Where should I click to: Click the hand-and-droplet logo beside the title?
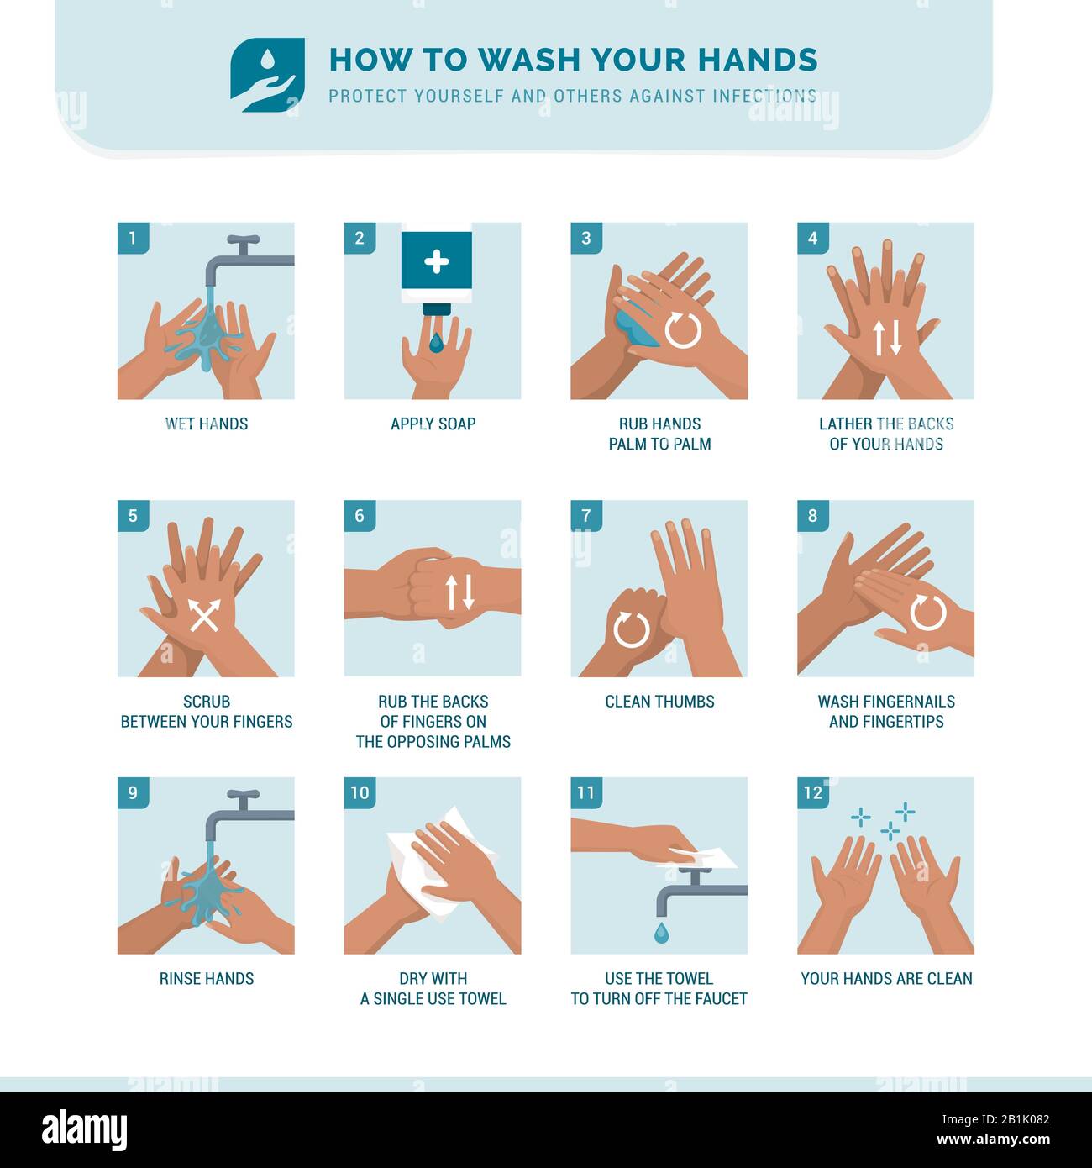pos(268,75)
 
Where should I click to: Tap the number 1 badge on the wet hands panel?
pos(133,238)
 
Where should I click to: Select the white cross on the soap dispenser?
pos(436,261)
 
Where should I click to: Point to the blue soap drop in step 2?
pos(436,343)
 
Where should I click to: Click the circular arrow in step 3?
pos(683,330)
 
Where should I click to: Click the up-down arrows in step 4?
pos(887,338)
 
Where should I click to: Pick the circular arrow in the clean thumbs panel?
pos(631,629)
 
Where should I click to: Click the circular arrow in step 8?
pos(928,613)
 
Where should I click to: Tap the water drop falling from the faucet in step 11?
pos(662,933)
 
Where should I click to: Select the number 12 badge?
pos(812,792)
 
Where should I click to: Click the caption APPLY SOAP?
pos(433,424)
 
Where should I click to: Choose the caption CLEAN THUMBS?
pos(659,702)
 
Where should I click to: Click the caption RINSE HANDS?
pos(207,979)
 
